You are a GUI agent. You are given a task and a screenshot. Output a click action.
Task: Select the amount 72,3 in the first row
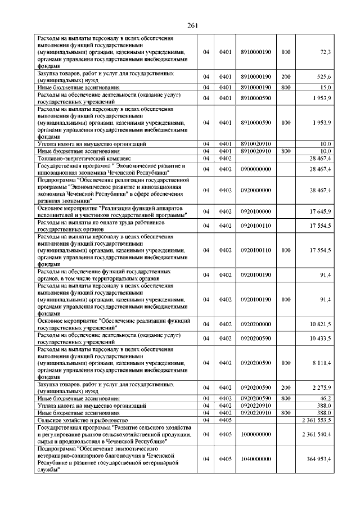tap(325, 52)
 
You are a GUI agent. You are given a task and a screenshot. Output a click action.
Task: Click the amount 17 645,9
tap(320, 211)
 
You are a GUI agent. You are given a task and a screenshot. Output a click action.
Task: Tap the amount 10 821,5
tap(320, 325)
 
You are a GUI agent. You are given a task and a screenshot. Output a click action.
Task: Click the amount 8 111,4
tap(321, 363)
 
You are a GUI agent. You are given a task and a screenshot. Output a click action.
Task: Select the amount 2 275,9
tap(321, 388)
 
